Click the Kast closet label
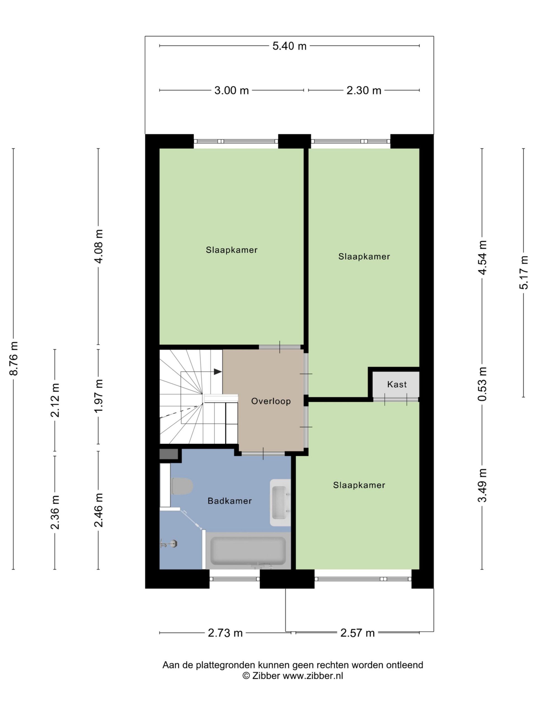pos(397,384)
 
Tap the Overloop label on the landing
pos(271,401)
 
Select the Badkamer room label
pos(230,501)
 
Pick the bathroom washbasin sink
pos(280,502)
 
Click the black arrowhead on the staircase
pos(218,372)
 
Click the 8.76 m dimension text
pos(14,358)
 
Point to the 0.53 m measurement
pos(482,384)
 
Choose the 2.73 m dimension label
pos(225,633)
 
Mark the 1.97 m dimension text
pos(98,396)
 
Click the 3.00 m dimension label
pos(231,90)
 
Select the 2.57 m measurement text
pos(357,633)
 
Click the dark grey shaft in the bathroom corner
pos(169,454)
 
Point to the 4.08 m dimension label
pos(98,247)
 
